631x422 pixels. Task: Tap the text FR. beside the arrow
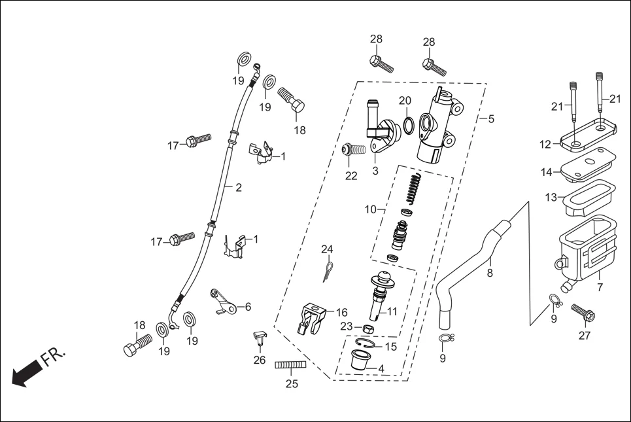[53, 357]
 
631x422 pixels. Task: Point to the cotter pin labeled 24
[329, 271]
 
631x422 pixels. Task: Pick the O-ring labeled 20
[407, 125]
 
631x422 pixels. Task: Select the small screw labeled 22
[352, 150]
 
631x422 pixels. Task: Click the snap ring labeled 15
[368, 344]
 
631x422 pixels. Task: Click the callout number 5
[491, 119]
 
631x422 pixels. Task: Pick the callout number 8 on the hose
[490, 274]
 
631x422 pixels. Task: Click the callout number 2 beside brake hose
[238, 188]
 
